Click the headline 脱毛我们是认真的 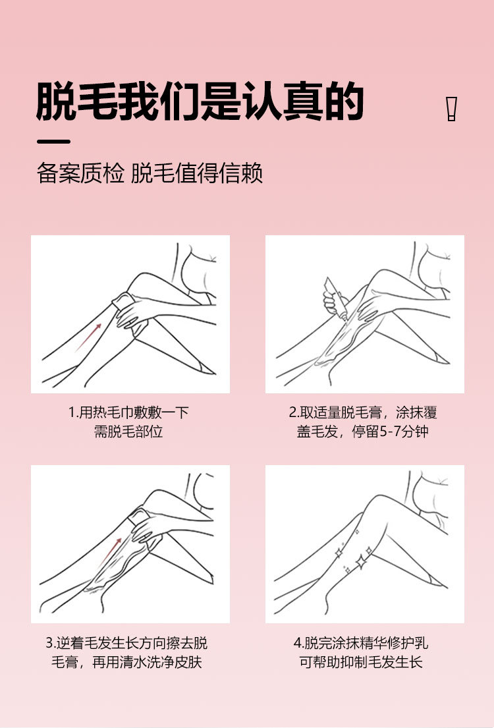200,101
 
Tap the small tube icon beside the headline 451,109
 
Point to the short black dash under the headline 53,142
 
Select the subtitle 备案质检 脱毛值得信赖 150,173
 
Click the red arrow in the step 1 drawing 89,337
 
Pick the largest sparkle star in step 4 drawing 360,562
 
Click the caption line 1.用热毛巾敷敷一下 128,412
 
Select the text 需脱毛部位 128,432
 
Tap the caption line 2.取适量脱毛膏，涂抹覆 363,412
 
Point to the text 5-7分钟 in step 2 404,432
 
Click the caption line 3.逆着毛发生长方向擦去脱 126,643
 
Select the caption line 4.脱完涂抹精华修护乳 361,643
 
